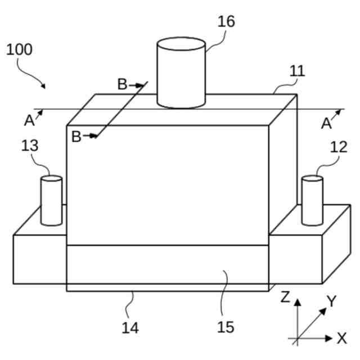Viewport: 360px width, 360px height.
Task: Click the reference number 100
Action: (x=19, y=49)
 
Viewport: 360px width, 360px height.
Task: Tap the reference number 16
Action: (x=226, y=21)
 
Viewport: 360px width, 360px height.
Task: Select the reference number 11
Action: (x=297, y=71)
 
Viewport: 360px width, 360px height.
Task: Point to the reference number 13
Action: (x=30, y=146)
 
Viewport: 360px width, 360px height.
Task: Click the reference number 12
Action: (x=339, y=147)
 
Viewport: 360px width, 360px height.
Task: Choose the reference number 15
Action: (x=225, y=327)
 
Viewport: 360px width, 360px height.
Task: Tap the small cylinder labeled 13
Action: (x=51, y=200)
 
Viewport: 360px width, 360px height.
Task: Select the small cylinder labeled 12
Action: (x=312, y=200)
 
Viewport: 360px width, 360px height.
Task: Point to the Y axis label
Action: (x=332, y=301)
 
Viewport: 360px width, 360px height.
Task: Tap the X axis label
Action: (x=341, y=339)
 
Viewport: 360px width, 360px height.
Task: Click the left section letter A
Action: (x=29, y=120)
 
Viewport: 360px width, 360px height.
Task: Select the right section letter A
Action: (x=326, y=123)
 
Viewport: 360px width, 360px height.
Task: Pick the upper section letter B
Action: (x=122, y=85)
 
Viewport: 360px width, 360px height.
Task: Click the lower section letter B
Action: (x=76, y=136)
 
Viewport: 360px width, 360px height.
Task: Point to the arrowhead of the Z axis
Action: (x=297, y=301)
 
